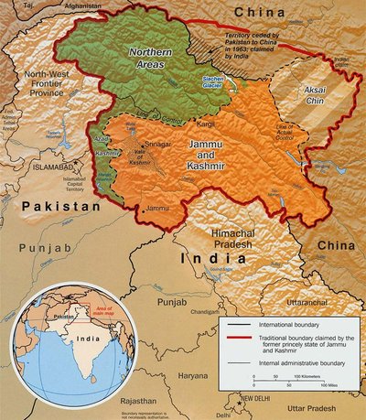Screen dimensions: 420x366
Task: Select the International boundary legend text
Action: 287,326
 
